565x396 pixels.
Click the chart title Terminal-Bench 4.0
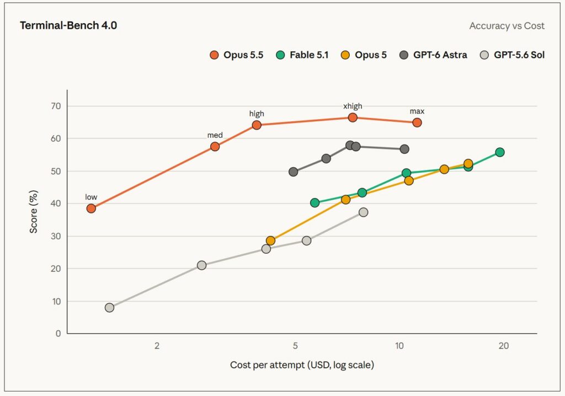pos(68,25)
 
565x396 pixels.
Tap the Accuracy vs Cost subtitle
pos(507,26)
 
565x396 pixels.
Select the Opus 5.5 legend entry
pos(236,55)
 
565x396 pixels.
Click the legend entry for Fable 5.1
pos(302,55)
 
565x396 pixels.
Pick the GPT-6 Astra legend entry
pos(434,55)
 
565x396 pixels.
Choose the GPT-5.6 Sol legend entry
pos(512,55)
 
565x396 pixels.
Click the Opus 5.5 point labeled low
pos(91,208)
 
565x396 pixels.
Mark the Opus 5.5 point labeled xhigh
pos(353,117)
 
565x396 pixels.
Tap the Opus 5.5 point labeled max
pos(417,122)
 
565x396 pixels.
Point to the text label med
pos(215,136)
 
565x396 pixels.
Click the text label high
pos(257,114)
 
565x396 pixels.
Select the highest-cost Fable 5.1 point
pos(500,152)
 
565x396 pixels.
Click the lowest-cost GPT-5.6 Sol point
pos(110,307)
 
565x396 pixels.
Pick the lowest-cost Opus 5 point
pos(270,240)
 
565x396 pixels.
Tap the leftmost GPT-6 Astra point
pos(294,172)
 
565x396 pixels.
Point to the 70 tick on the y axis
pos(56,106)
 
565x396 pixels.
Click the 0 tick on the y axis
pos(58,334)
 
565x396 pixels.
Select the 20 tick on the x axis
pos(503,346)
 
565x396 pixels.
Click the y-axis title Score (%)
pos(34,212)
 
